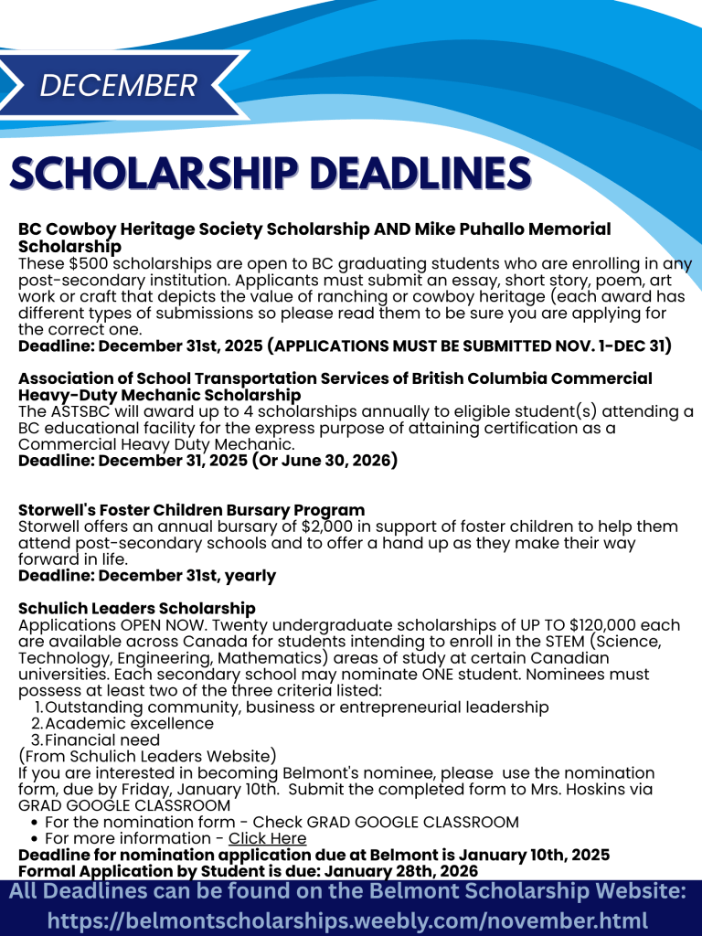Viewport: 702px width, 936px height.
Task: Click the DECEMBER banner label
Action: click(119, 85)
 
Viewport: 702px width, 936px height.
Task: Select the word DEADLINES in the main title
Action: click(420, 174)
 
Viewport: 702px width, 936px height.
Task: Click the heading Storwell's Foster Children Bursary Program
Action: click(191, 510)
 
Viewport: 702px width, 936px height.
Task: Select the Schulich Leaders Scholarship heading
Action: click(137, 609)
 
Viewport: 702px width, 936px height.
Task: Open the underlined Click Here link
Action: click(267, 838)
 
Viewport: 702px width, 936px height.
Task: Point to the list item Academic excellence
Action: click(129, 723)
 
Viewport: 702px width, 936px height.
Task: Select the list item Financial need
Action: click(102, 739)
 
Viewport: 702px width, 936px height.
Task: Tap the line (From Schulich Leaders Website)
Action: click(147, 756)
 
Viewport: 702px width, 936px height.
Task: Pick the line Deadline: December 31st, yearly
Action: click(147, 576)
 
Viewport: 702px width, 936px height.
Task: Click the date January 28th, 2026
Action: click(390, 871)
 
